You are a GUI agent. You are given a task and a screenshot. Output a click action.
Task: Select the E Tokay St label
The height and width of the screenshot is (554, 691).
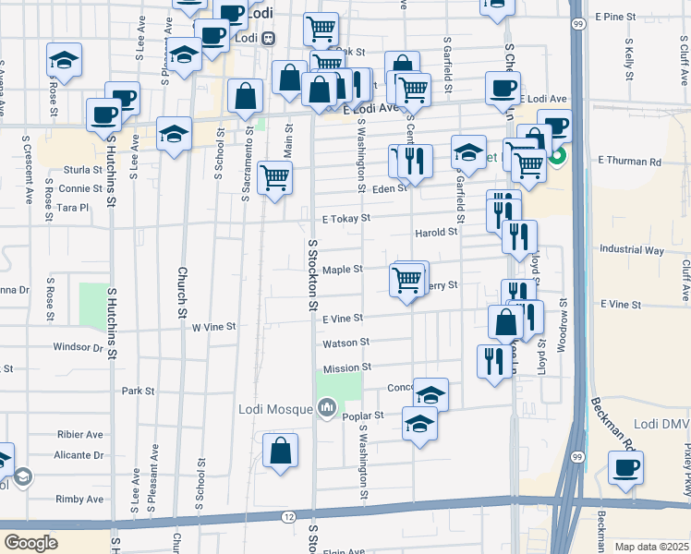coord(346,219)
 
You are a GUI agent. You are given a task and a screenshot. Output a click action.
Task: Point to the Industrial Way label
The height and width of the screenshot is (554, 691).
coord(632,249)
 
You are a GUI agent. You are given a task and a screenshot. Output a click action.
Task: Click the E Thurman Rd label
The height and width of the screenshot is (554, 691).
coord(629,162)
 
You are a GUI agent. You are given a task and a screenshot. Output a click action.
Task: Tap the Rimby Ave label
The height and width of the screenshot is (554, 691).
coord(82,499)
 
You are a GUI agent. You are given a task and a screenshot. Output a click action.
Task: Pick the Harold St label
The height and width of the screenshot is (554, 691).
coord(436,233)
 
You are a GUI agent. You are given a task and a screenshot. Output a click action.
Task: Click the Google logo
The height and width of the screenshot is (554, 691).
coord(31,542)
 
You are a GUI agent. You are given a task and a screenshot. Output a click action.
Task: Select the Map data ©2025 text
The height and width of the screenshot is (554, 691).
coord(651,547)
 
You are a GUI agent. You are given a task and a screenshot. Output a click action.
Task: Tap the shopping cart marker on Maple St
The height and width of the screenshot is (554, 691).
coord(407,279)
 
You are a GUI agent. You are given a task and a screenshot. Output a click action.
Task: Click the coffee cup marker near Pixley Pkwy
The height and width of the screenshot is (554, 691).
coord(626,468)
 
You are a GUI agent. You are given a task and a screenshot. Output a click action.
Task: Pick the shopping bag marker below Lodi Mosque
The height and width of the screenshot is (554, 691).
coord(281,452)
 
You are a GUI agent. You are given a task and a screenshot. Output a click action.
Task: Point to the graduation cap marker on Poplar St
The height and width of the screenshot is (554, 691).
coord(420,425)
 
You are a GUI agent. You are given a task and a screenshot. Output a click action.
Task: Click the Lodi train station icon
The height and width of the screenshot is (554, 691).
coord(268,39)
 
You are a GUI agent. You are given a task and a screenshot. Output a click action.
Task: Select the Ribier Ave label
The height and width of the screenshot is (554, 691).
coord(79,434)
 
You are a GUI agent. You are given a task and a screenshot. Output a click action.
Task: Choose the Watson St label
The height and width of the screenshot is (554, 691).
coord(346,342)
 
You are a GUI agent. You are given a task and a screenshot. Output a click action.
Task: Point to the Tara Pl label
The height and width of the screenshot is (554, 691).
coord(71,208)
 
